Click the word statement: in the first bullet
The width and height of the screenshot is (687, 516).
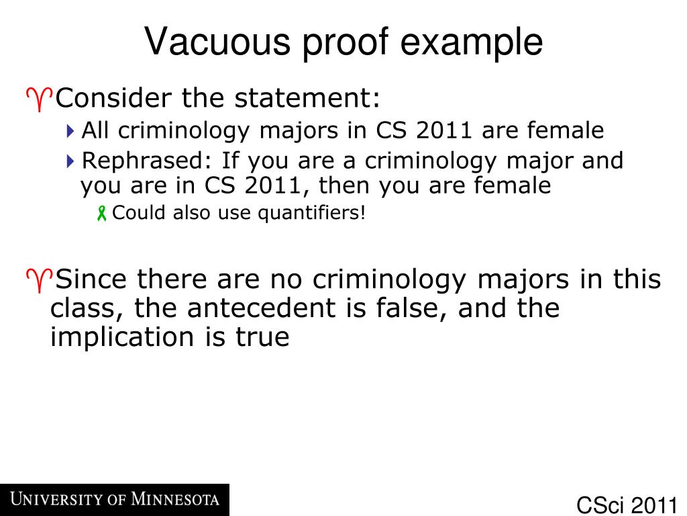[x=307, y=99]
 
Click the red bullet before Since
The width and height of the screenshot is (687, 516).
[x=39, y=279]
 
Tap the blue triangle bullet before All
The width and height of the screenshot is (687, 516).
[x=71, y=131]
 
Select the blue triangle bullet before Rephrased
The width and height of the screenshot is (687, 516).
[x=71, y=161]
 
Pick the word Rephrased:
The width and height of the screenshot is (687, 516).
[x=147, y=161]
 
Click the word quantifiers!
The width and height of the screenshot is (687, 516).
[x=313, y=213]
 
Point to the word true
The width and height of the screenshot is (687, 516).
[x=262, y=337]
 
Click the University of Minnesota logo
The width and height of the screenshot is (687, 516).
[x=114, y=500]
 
